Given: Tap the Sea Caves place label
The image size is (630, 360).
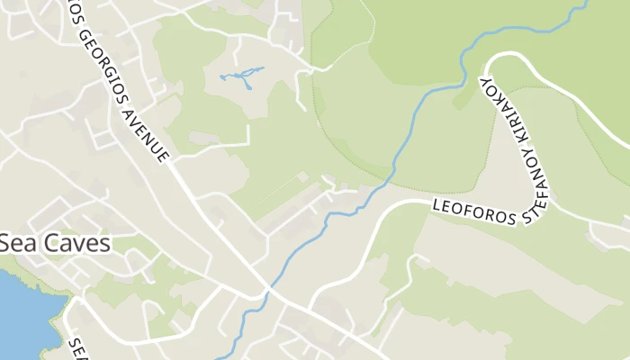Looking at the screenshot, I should pyautogui.click(x=55, y=243).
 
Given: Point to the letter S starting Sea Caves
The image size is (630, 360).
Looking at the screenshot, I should pyautogui.click(x=5, y=243).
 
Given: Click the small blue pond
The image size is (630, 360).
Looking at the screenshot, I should pyautogui.click(x=240, y=76).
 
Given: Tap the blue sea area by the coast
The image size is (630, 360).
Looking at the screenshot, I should pyautogui.click(x=22, y=310).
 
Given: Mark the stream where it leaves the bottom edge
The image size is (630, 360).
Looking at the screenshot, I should pyautogui.click(x=225, y=357).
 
